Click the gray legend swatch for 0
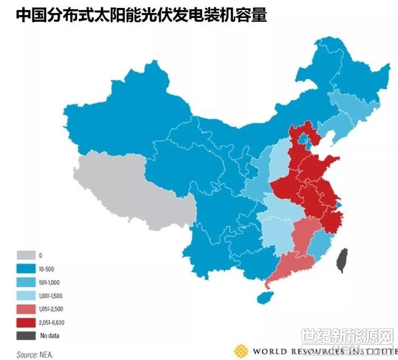pyautogui.click(x=25, y=256)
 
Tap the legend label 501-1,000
pyautogui.click(x=51, y=283)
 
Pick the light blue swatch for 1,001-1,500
pyautogui.click(x=25, y=297)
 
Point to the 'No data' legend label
pyautogui.click(x=49, y=336)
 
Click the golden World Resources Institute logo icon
pyautogui.click(x=241, y=351)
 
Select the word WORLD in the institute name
pyautogui.click(x=268, y=351)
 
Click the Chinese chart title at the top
pyautogui.click(x=142, y=15)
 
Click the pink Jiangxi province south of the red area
pyautogui.click(x=304, y=237)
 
